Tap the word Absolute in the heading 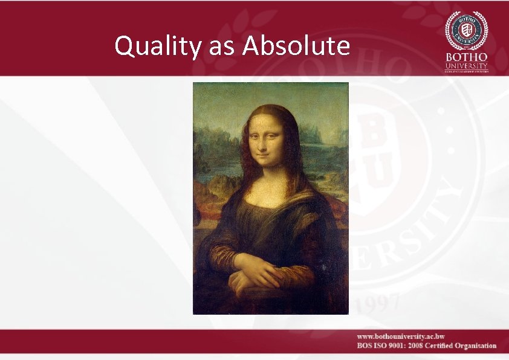296,46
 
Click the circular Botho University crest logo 466,30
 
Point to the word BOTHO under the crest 466,57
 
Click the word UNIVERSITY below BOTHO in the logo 466,65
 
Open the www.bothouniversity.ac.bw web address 400,336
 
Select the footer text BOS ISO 371,346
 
